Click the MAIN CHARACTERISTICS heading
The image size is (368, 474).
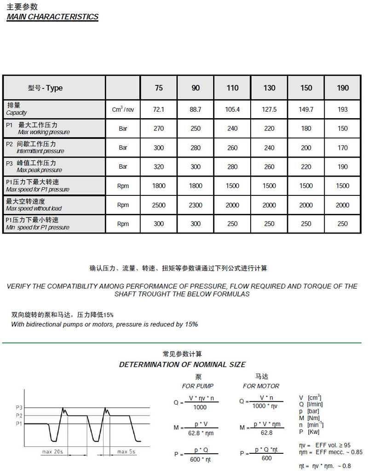pyautogui.click(x=52, y=17)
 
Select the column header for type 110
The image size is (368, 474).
pyautogui.click(x=233, y=88)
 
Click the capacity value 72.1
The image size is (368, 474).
pyautogui.click(x=159, y=109)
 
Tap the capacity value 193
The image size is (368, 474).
pyautogui.click(x=343, y=109)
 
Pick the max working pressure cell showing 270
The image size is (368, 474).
pyautogui.click(x=159, y=129)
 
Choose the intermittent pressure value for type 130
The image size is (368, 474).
pyautogui.click(x=270, y=148)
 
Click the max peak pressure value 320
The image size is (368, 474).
pyautogui.click(x=159, y=167)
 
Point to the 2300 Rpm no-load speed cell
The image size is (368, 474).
pyautogui.click(x=195, y=205)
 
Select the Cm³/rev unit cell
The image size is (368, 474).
pyautogui.click(x=123, y=110)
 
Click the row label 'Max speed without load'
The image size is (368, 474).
pyautogui.click(x=34, y=209)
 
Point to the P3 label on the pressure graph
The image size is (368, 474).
pyautogui.click(x=18, y=408)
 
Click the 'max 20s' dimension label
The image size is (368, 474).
pyautogui.click(x=53, y=451)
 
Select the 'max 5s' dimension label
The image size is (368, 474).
pyautogui.click(x=126, y=451)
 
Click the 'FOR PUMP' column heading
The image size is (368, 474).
pyautogui.click(x=198, y=386)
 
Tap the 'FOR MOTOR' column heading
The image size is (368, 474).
pyautogui.click(x=261, y=386)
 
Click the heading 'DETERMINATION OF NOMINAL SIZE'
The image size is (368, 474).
pyautogui.click(x=183, y=365)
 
